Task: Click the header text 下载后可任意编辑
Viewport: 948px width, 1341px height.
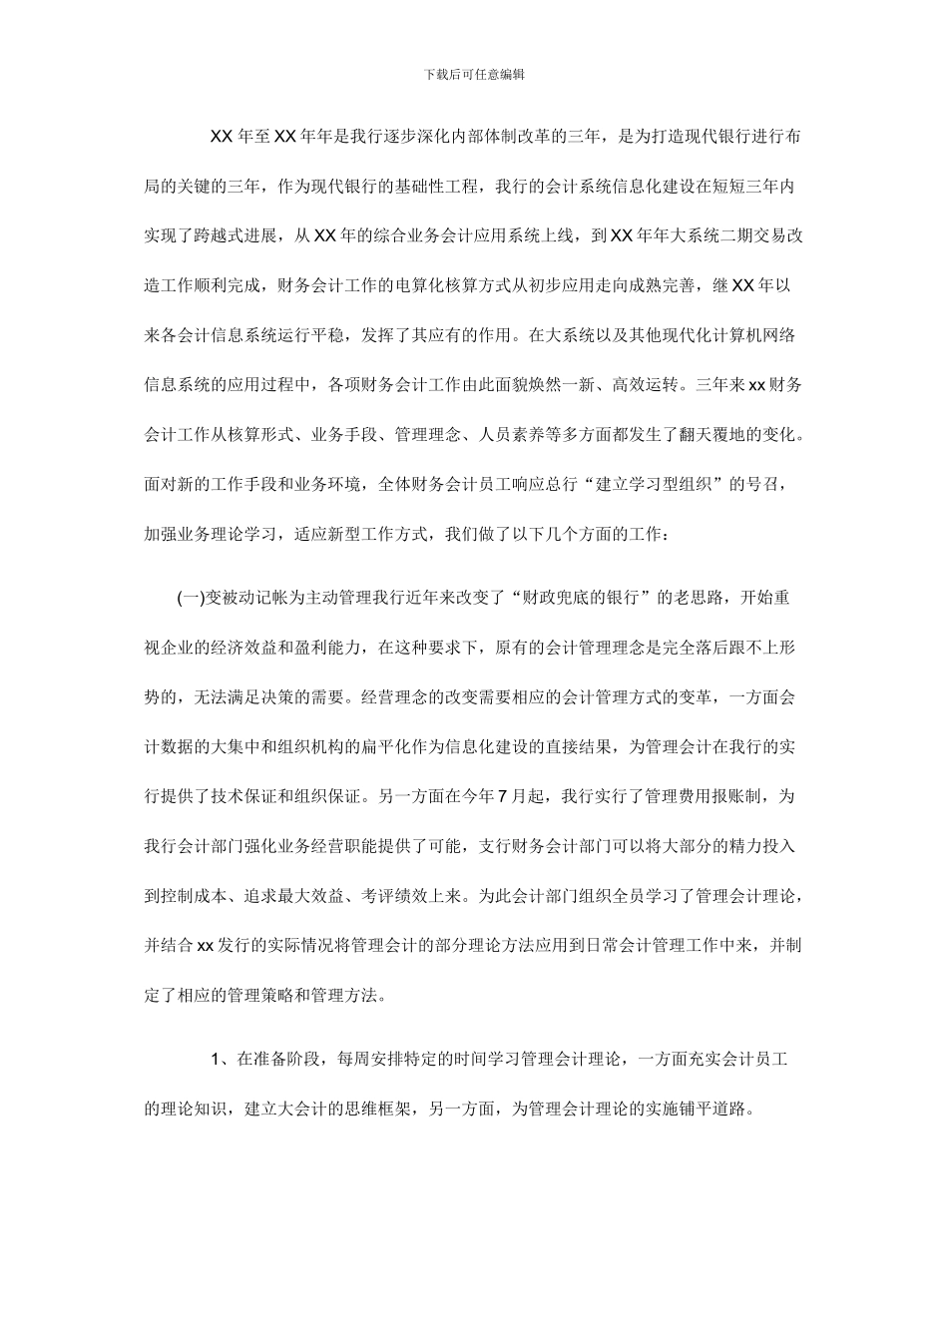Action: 474,74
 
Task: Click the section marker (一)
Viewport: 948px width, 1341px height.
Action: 190,598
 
